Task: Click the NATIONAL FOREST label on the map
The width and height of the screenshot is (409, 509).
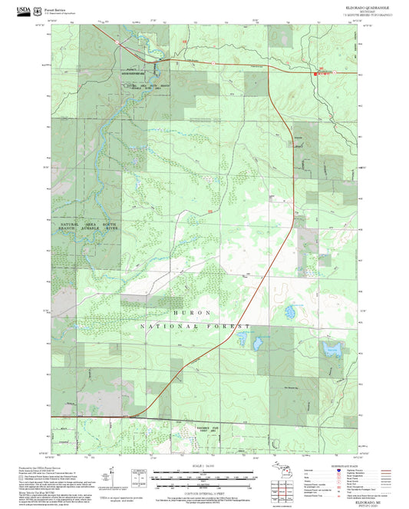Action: pos(196,327)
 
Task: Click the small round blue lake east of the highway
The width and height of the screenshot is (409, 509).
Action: pos(290,312)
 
